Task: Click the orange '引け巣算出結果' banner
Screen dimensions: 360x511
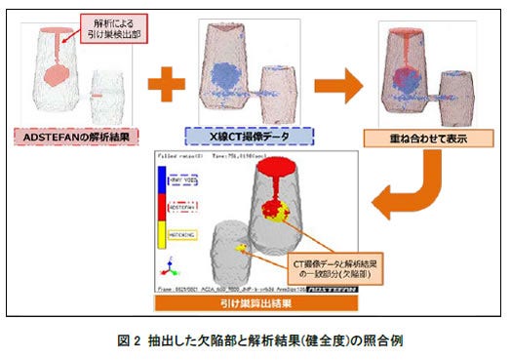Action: pos(255,304)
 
